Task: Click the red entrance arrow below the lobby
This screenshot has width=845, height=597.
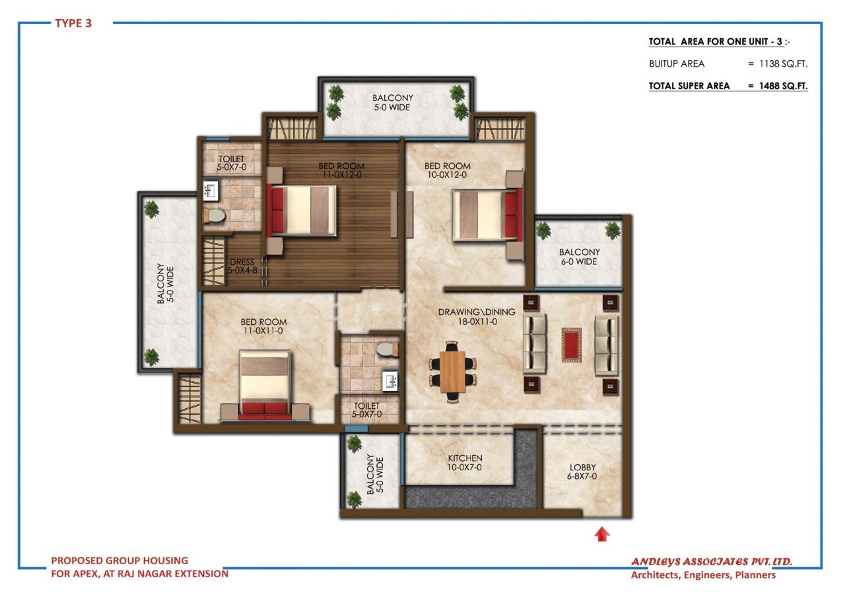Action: tap(601, 534)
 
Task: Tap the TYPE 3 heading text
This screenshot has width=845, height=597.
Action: tap(73, 24)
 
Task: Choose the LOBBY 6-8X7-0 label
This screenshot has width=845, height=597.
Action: tap(582, 472)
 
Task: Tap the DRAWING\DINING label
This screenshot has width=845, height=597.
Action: tap(467, 316)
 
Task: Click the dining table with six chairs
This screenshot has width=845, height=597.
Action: tap(453, 371)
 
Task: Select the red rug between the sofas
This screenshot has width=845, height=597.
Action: tap(571, 345)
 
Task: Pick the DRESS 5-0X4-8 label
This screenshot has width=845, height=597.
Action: tap(242, 266)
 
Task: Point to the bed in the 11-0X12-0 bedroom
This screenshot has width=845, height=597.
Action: tap(303, 209)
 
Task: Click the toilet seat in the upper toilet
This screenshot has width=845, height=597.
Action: tap(214, 215)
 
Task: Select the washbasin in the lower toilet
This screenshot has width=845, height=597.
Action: tap(390, 381)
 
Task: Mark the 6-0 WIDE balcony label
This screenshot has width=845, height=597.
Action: tap(579, 257)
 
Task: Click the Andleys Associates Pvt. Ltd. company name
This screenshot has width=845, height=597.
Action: tap(711, 562)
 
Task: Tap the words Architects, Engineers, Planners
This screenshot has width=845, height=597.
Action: tap(703, 575)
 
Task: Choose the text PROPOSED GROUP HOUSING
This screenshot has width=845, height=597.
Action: tap(119, 561)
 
